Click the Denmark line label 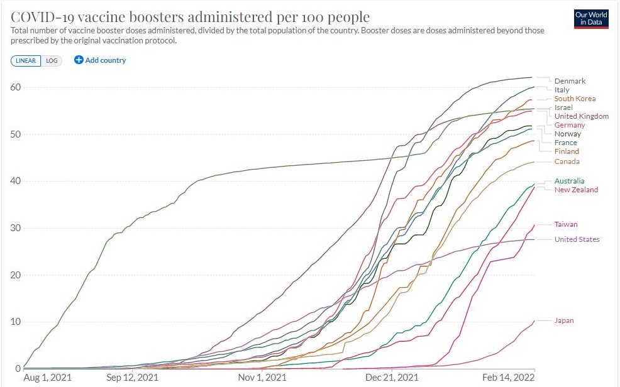click(570, 81)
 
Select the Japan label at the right click(564, 321)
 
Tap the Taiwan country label click(566, 224)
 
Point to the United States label click(577, 239)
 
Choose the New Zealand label click(576, 190)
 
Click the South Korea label click(575, 99)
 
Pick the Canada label click(567, 161)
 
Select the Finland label click(567, 151)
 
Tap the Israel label click(563, 107)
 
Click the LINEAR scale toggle click(26, 60)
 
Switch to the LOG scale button click(52, 60)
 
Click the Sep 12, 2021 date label click(133, 378)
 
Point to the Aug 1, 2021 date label click(47, 378)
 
